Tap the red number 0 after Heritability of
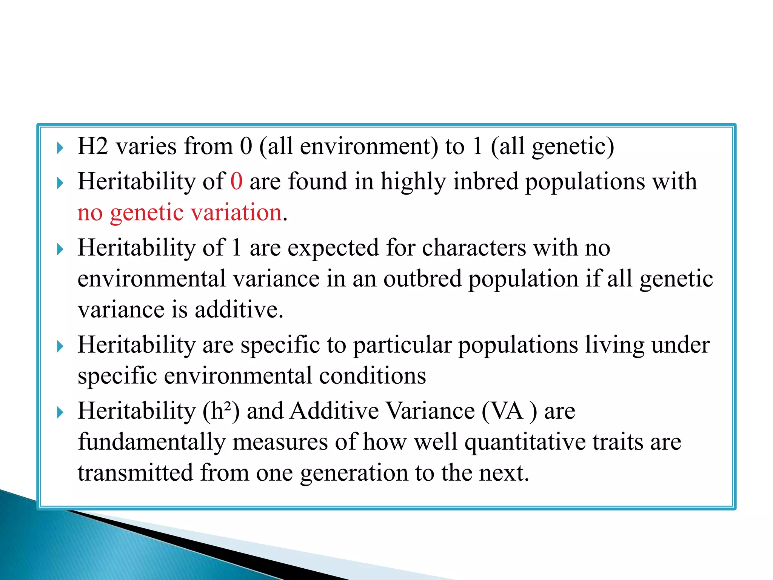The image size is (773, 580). [x=236, y=181]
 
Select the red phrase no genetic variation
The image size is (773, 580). [x=180, y=213]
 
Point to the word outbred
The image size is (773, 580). [x=423, y=279]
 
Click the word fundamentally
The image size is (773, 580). [x=151, y=442]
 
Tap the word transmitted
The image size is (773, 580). [x=136, y=473]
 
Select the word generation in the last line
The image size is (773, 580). [x=354, y=473]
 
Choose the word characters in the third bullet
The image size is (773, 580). [x=474, y=248]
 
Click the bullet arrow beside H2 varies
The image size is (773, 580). [x=60, y=148]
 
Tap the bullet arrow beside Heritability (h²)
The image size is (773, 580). [x=60, y=412]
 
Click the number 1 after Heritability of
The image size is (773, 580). [x=236, y=248]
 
